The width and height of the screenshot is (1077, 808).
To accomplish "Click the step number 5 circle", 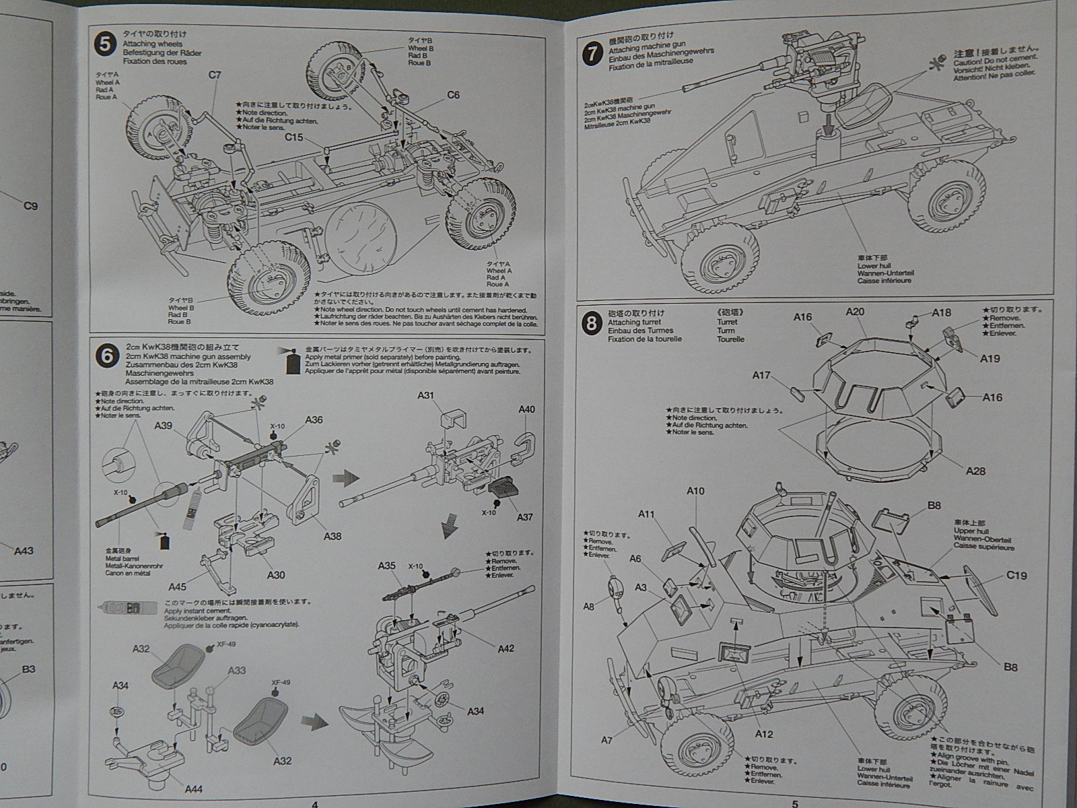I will [104, 44].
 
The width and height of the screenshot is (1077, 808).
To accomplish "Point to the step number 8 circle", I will [592, 324].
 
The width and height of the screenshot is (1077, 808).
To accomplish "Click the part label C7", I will [215, 75].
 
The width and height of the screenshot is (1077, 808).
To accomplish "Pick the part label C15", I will [294, 137].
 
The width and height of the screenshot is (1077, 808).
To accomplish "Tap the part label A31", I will [425, 395].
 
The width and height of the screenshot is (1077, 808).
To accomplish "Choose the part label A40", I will [527, 409].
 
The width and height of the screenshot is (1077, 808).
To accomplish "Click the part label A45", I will [178, 587].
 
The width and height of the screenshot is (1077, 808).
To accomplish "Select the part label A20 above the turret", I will [855, 311].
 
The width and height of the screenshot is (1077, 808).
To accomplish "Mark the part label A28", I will [975, 471].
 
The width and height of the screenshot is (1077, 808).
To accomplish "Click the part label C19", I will [1016, 575].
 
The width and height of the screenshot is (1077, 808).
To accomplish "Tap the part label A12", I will [764, 734].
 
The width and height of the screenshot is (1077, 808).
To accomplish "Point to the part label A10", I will [695, 491].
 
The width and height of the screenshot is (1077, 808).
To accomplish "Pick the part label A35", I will [387, 566].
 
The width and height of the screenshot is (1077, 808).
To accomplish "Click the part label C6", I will [453, 95].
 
